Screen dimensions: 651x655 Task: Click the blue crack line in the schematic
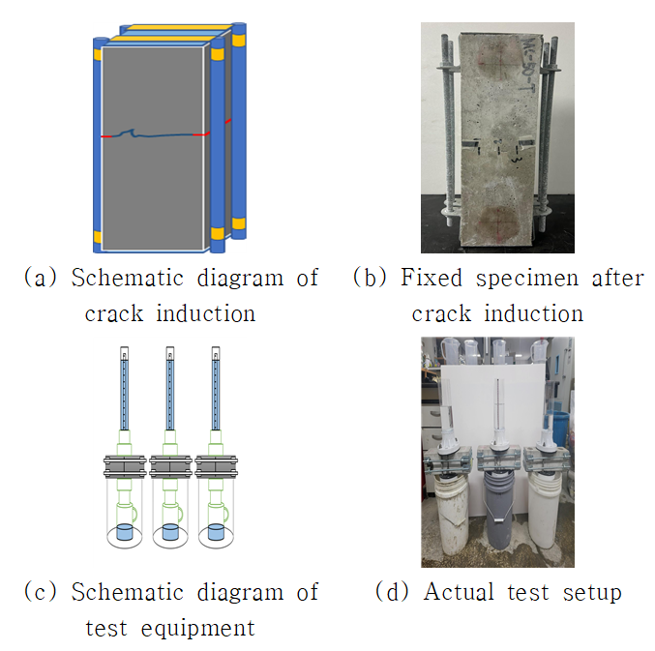(155, 134)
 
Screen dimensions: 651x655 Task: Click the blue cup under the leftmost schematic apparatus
(124, 532)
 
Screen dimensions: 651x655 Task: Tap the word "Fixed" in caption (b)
(432, 279)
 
